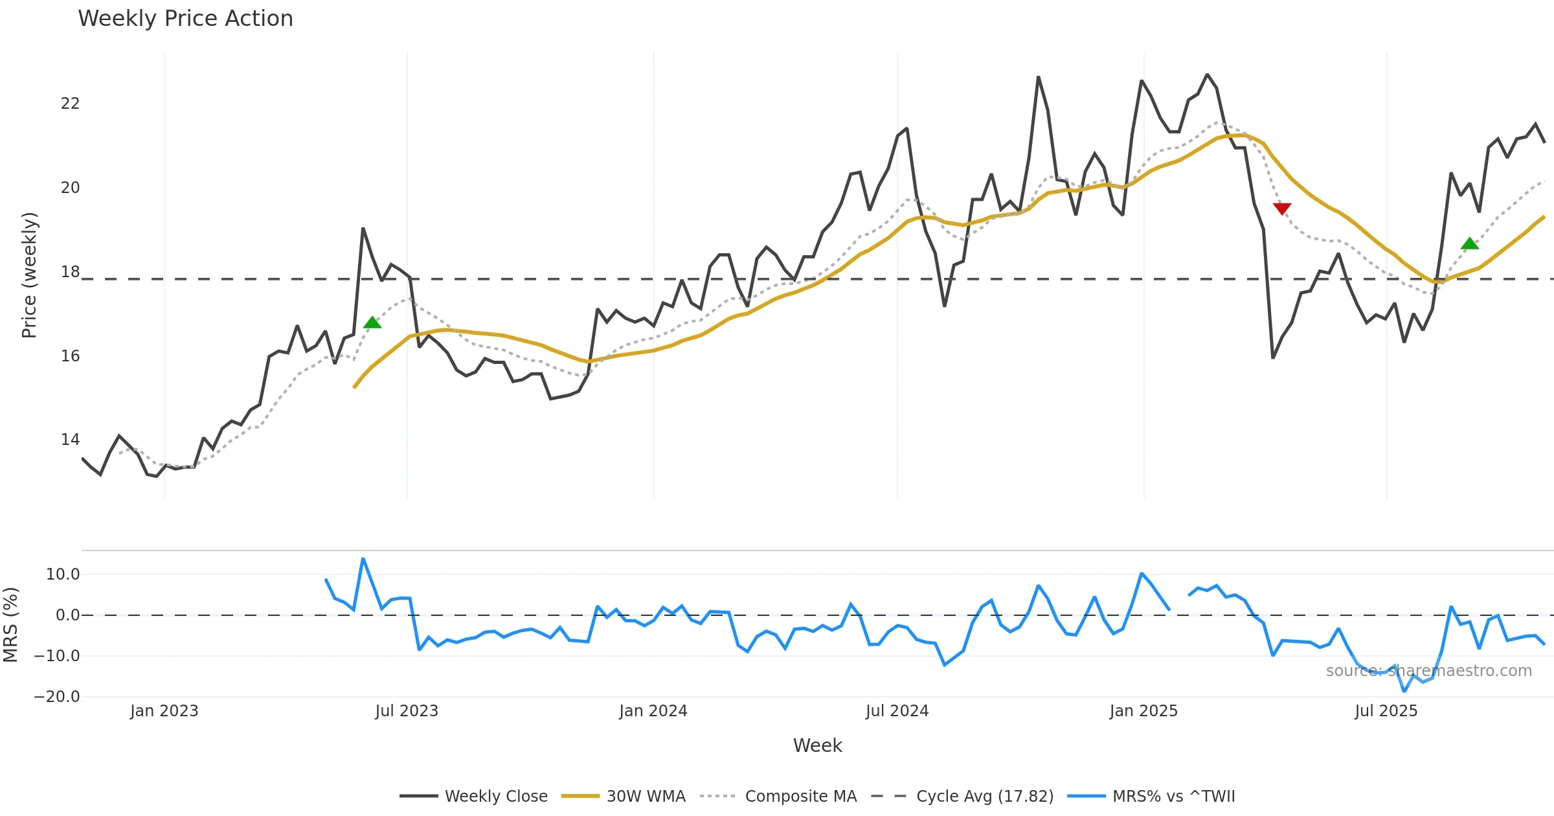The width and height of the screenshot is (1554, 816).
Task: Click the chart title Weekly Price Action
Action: click(x=185, y=19)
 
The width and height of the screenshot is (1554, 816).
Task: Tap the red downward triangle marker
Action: click(x=1282, y=208)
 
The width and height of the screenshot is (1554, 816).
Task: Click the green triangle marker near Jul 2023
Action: click(x=372, y=323)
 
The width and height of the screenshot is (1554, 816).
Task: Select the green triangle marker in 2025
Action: click(x=1470, y=244)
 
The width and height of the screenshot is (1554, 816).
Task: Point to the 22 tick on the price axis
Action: click(x=70, y=104)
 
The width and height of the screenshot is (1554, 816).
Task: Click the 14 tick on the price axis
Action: click(x=70, y=440)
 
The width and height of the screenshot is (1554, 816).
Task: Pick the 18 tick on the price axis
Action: click(x=70, y=272)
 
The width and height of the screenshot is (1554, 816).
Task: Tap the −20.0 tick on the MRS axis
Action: click(x=57, y=697)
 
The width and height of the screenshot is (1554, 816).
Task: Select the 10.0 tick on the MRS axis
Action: click(x=63, y=574)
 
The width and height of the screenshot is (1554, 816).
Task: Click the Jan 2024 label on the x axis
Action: click(x=653, y=711)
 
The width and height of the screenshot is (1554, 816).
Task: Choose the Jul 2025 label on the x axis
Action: click(x=1386, y=711)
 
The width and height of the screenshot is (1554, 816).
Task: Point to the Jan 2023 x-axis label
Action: click(x=164, y=711)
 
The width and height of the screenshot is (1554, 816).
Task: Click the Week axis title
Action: click(x=817, y=746)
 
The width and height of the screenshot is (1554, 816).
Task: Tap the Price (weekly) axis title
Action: click(x=29, y=275)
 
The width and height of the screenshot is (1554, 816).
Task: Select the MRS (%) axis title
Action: click(x=10, y=624)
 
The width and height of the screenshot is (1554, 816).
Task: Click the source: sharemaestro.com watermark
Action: click(x=1428, y=671)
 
